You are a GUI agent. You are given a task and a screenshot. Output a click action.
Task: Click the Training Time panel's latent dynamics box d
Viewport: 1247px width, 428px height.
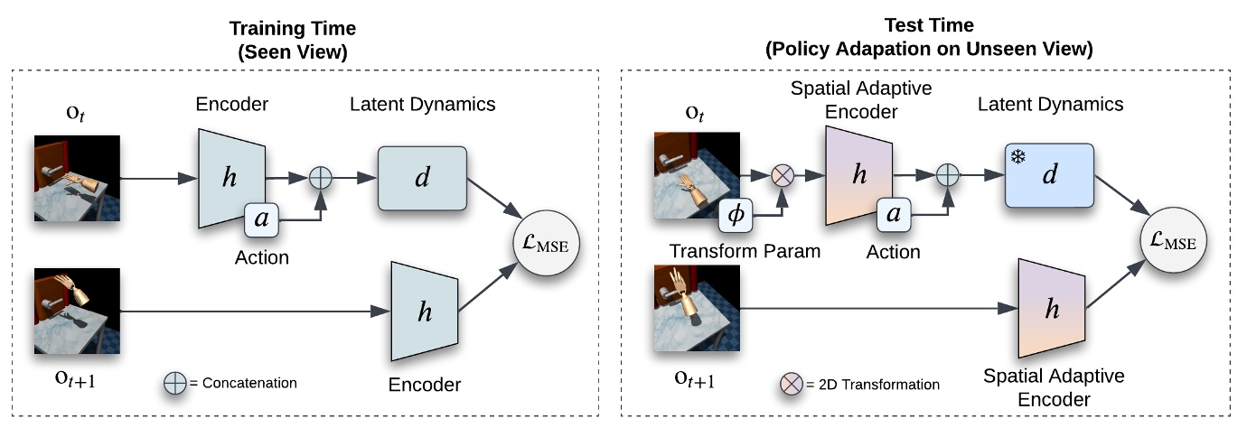tap(421, 179)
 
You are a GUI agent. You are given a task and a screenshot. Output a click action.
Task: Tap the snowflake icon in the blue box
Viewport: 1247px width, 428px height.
tap(1017, 155)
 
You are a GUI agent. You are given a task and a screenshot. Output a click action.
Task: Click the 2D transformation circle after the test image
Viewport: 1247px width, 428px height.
tap(782, 177)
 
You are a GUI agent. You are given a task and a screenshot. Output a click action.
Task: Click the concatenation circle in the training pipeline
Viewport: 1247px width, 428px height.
tap(320, 179)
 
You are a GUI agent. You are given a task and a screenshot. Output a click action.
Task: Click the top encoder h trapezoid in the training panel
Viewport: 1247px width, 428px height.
tap(230, 177)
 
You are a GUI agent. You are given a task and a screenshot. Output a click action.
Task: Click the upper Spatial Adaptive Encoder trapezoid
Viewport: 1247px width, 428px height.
tap(858, 175)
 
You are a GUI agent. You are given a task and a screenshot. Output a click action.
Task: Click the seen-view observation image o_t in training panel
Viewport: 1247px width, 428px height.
tap(78, 178)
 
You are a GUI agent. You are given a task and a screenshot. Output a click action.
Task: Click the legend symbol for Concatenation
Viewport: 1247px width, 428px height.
tap(174, 383)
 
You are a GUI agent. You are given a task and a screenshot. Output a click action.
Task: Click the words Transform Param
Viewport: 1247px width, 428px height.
tap(745, 251)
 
